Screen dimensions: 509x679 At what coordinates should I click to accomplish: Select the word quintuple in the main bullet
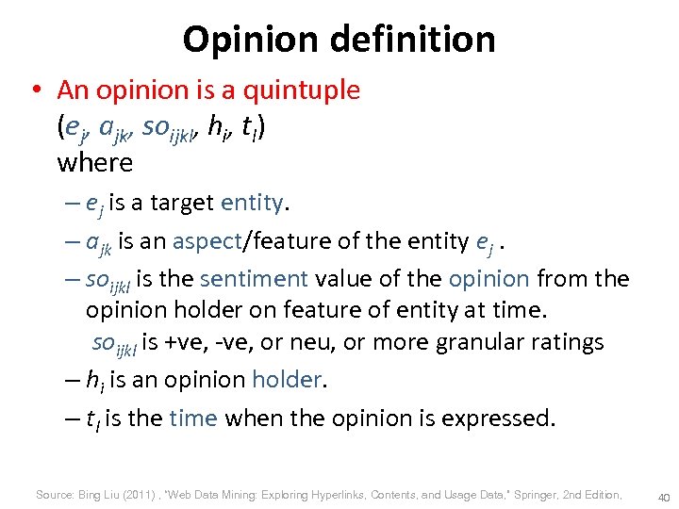(x=302, y=90)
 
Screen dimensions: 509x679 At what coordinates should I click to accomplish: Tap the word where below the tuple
(x=94, y=162)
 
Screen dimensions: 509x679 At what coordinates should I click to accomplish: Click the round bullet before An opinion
(x=36, y=91)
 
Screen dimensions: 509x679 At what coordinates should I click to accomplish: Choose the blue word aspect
(x=206, y=241)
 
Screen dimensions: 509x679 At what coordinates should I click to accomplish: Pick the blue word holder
(x=288, y=380)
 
